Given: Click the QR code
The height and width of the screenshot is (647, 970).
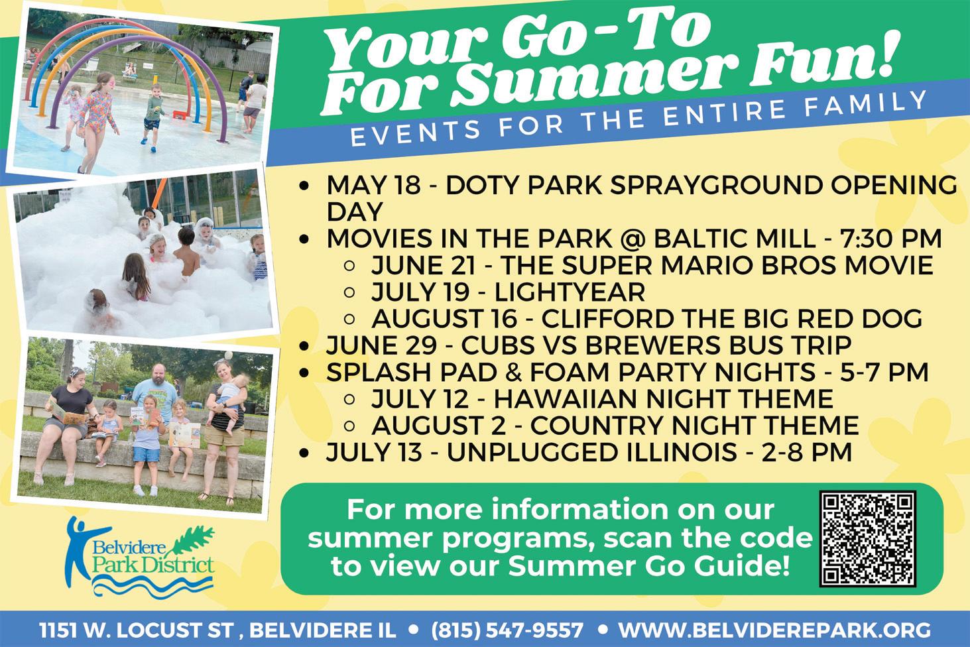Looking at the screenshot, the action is (x=867, y=539).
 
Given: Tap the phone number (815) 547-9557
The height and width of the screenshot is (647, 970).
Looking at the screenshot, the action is (x=507, y=630).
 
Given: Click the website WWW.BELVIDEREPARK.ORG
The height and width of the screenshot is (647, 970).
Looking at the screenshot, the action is (x=774, y=630).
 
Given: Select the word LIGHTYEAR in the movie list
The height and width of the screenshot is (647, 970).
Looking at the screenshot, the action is (x=570, y=292).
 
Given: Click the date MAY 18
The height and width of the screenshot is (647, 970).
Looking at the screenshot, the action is (x=373, y=185).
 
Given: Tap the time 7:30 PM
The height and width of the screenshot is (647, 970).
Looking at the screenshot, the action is (x=890, y=238).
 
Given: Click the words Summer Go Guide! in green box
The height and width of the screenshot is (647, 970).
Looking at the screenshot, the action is (x=647, y=565).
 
